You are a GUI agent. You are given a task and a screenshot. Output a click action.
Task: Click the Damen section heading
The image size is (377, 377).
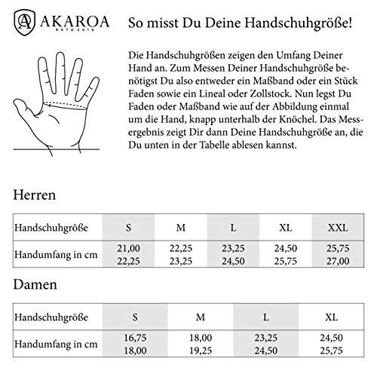(x=33, y=285)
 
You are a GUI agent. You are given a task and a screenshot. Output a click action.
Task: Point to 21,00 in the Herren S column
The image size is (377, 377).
(x=128, y=248)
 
